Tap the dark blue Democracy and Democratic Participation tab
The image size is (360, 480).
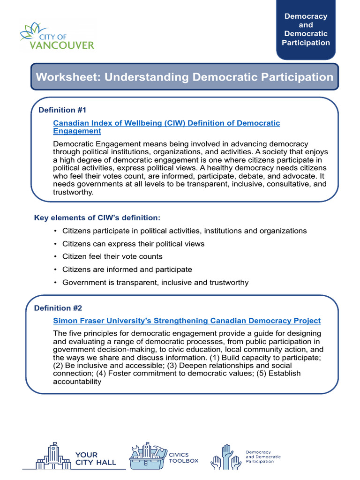pyautogui.click(x=306, y=30)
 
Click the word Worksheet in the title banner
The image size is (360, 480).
pyautogui.click(x=67, y=77)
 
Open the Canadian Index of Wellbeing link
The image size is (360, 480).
pyautogui.click(x=166, y=123)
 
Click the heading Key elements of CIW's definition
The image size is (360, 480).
pyautogui.click(x=97, y=218)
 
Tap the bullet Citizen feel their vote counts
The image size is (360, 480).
pyautogui.click(x=112, y=256)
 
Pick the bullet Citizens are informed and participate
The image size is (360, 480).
pyautogui.click(x=127, y=270)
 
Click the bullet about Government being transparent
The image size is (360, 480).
pyautogui.click(x=155, y=282)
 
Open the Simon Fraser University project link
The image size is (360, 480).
pyautogui.click(x=187, y=321)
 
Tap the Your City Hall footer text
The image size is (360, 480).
pyautogui.click(x=95, y=459)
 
